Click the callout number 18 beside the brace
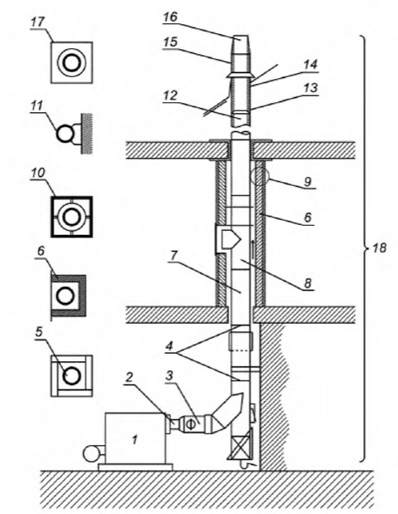pos(380,247)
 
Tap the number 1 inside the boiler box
pos(135,440)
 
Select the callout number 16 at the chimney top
pos(170,17)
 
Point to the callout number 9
pos(307,181)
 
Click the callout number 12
pos(170,95)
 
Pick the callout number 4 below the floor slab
pos(170,346)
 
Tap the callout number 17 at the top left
pos(37,22)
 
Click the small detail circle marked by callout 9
pos(259,176)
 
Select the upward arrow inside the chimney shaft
pos(253,248)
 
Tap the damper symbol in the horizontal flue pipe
pos(190,423)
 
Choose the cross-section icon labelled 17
pos(71,62)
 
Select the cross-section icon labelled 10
pos(71,217)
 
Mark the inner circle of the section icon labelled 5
pos(71,375)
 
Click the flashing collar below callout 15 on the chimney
pos(240,76)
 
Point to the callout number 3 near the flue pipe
pos(169,375)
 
